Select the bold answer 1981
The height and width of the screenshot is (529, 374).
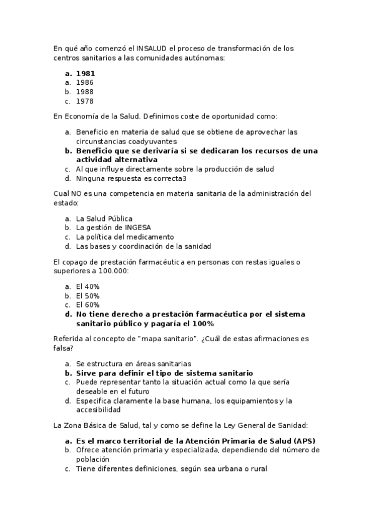86,72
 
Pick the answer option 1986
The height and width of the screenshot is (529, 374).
84,82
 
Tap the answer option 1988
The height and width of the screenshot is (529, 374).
84,91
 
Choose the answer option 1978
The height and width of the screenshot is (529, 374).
84,100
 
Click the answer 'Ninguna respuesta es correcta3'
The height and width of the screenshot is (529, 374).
131,178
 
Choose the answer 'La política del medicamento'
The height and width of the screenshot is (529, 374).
125,237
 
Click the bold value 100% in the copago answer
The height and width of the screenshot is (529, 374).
203,324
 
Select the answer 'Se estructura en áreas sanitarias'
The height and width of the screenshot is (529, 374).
134,364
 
